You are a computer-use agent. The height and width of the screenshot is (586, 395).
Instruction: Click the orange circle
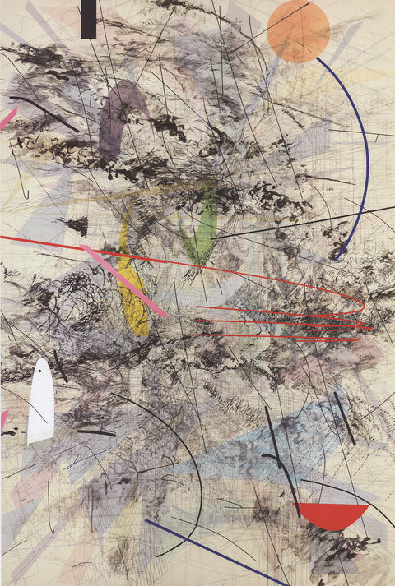click(298, 31)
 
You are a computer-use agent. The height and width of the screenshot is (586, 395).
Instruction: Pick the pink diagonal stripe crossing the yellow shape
click(123, 280)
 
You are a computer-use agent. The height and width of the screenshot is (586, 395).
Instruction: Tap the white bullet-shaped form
click(41, 403)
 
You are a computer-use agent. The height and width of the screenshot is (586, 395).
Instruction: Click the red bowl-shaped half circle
click(331, 514)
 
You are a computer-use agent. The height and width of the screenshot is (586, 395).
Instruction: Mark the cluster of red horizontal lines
click(280, 325)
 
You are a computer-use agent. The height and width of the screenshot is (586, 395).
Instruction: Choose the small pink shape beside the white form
click(3, 420)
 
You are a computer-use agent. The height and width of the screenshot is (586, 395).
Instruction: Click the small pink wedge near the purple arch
click(8, 117)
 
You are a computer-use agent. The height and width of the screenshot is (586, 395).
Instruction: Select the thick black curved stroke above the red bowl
click(284, 477)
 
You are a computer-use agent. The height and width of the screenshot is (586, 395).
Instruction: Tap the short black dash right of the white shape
click(96, 431)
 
